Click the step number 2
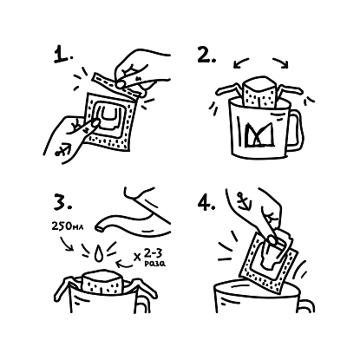point(206,56)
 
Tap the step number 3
point(62,202)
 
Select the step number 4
point(206,202)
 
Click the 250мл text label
point(68,226)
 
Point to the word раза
point(154,264)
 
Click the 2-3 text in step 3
point(153,253)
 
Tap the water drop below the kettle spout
point(99,252)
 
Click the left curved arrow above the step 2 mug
point(241,62)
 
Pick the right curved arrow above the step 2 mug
point(280,62)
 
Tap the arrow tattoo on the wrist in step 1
point(62,150)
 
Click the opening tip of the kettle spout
point(99,229)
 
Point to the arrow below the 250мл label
point(66,244)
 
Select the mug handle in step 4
point(308,305)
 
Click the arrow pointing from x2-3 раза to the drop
point(125,262)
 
